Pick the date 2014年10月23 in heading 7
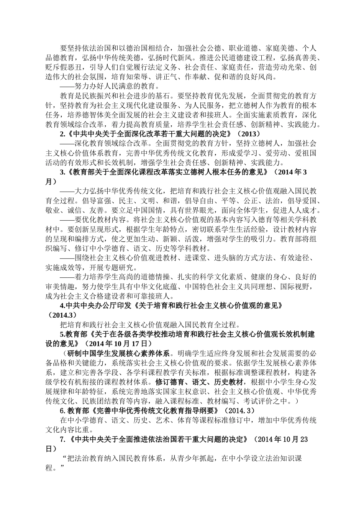[x=282, y=439]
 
